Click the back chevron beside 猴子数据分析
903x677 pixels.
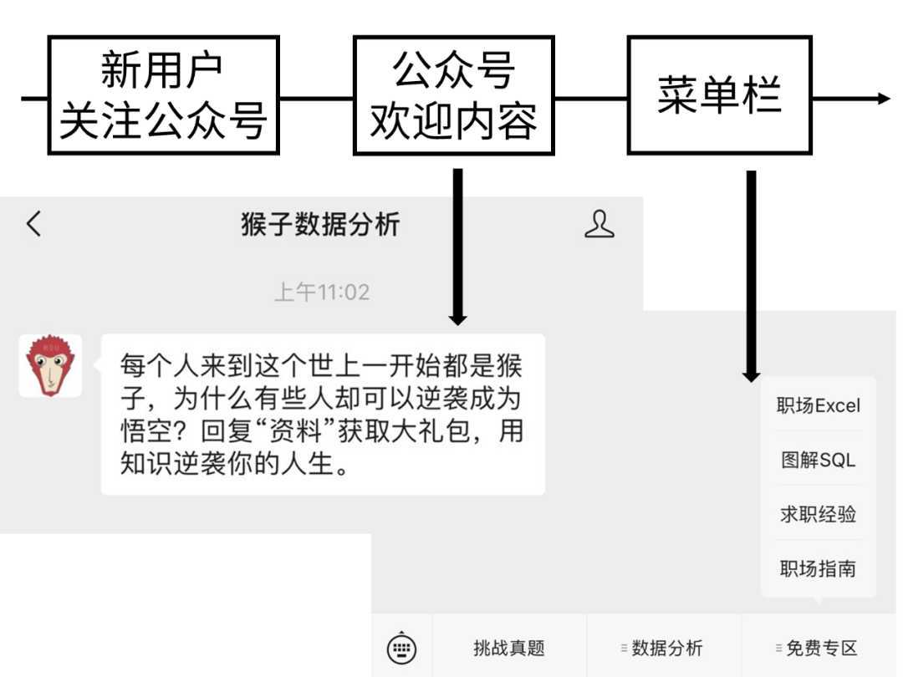pyautogui.click(x=34, y=223)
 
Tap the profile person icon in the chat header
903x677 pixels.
pyautogui.click(x=599, y=224)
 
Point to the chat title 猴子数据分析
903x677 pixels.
pyautogui.click(x=320, y=224)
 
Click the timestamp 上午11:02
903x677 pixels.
pyautogui.click(x=322, y=292)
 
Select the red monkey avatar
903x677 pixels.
pyautogui.click(x=51, y=366)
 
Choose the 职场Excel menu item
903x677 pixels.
pyautogui.click(x=818, y=405)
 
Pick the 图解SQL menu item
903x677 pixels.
pyautogui.click(x=818, y=460)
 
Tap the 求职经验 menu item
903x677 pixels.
pyautogui.click(x=818, y=514)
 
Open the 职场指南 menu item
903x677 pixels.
pyautogui.click(x=818, y=569)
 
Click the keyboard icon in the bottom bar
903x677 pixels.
pyautogui.click(x=401, y=649)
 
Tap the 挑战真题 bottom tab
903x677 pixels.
pyautogui.click(x=509, y=649)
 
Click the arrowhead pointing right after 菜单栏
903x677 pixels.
pyautogui.click(x=884, y=99)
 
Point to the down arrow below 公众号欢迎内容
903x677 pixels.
pyautogui.click(x=458, y=247)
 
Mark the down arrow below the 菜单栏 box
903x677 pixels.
pyautogui.click(x=751, y=277)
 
